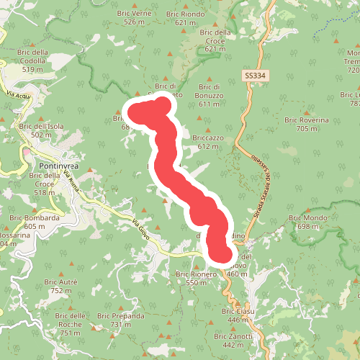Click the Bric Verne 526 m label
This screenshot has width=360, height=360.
tap(140, 17)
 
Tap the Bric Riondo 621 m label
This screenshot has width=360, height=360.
tap(185, 17)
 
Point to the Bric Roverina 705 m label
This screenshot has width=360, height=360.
tap(307, 124)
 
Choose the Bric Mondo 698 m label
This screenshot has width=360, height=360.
tap(307, 222)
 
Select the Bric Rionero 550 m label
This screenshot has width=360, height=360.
tap(196, 278)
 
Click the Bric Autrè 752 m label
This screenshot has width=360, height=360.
tap(65, 286)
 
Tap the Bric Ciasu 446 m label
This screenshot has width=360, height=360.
tap(237, 315)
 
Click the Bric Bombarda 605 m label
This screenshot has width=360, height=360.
tap(34, 221)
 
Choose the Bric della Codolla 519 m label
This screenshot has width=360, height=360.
tap(34, 65)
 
